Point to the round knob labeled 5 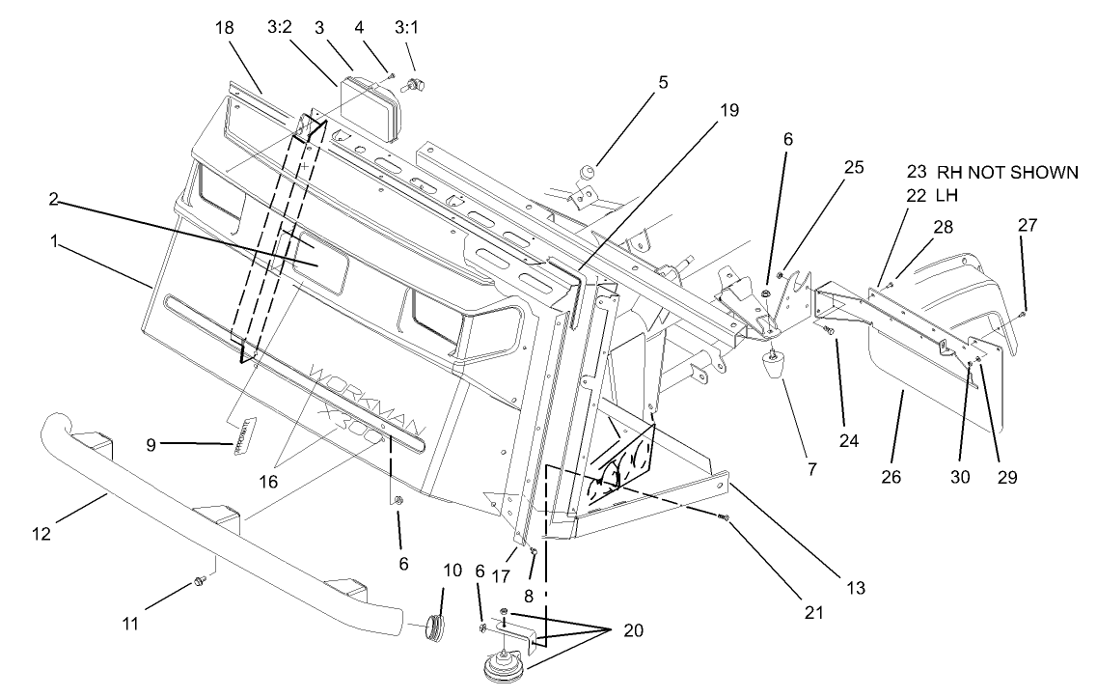click(x=584, y=174)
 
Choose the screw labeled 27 click(x=1023, y=312)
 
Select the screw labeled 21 click(x=725, y=519)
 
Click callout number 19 click(x=728, y=110)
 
